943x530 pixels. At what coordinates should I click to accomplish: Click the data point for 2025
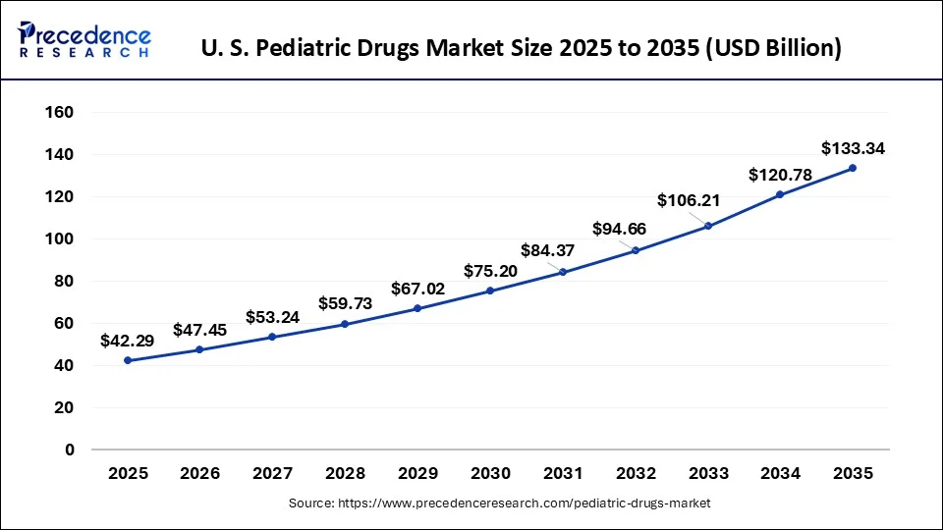click(128, 360)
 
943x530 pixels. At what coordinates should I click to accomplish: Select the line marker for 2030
click(490, 291)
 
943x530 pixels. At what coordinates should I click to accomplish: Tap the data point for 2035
click(852, 168)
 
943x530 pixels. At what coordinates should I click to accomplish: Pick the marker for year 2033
click(707, 226)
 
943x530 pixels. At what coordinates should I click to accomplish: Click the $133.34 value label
click(852, 149)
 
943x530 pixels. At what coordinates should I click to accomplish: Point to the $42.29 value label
click(128, 341)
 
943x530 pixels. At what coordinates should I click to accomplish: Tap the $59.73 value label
click(345, 303)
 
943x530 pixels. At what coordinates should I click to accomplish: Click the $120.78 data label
click(779, 175)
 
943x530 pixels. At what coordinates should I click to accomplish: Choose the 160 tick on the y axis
click(61, 113)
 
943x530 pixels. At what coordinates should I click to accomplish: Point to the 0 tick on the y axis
click(69, 450)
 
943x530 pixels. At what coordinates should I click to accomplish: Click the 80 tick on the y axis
click(65, 282)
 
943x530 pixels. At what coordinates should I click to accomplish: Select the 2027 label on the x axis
click(272, 473)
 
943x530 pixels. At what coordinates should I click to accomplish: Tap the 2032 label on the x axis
click(635, 473)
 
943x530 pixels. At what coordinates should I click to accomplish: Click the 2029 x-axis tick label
click(417, 473)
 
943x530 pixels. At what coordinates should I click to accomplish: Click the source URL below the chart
click(499, 503)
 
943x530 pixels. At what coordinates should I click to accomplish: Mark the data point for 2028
click(345, 324)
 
